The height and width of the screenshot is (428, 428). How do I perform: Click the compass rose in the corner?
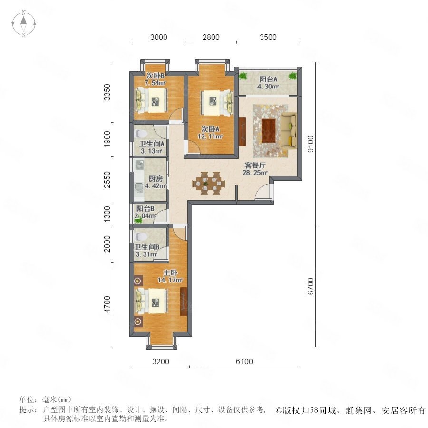pos(24,24)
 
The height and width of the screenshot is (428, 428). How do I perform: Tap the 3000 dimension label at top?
pos(158,37)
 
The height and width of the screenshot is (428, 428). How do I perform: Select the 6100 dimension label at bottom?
pos(244,361)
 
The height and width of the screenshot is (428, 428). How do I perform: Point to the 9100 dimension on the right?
pos(311,144)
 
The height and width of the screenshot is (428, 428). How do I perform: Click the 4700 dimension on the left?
pos(107,304)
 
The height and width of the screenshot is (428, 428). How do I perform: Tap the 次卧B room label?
pos(156,75)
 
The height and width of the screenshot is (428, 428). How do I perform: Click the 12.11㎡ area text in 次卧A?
pos(210,136)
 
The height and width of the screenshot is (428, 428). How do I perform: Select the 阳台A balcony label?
pos(268,79)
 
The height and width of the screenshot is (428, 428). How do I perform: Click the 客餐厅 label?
pos(255,165)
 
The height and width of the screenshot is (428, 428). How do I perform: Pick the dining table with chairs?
pos(209,183)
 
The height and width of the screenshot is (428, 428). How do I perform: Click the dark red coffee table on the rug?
pos(268,130)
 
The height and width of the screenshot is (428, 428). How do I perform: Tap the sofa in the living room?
pos(289,131)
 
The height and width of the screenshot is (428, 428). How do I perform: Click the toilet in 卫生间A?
pos(141,134)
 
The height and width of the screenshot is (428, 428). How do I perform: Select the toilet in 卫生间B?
pos(141,237)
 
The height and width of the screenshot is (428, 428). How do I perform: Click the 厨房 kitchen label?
pos(156,179)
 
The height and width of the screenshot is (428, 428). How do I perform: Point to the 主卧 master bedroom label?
pos(170,272)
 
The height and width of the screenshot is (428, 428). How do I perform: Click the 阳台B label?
pos(146,209)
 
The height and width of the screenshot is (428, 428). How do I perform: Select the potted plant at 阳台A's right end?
pos(292,76)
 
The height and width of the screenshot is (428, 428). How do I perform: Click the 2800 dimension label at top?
pos(211,37)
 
